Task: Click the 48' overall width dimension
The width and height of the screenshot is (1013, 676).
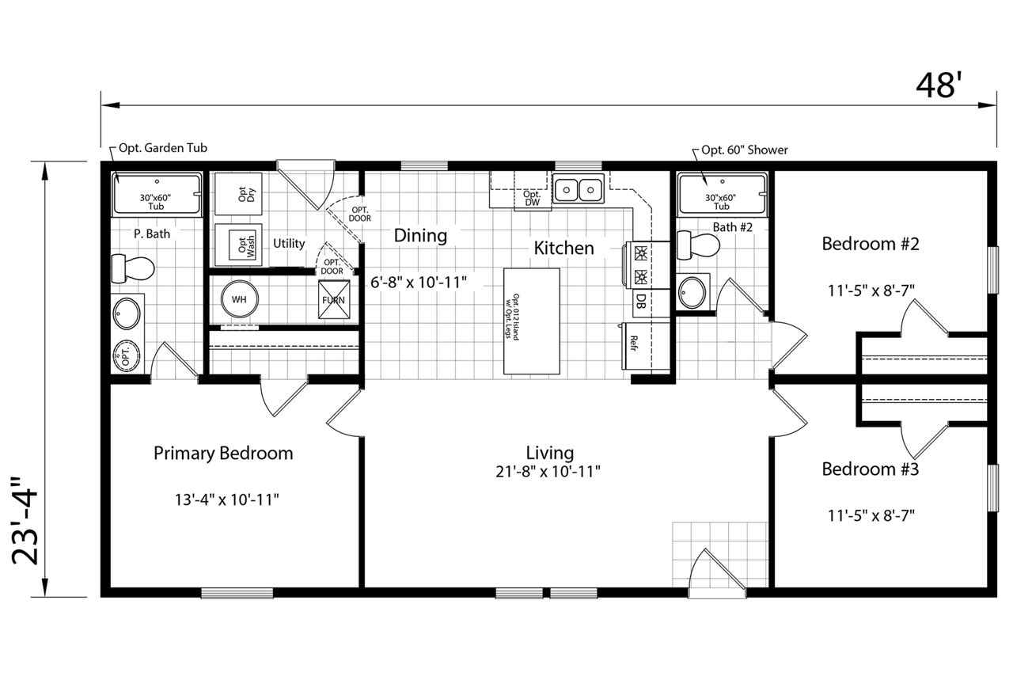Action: click(x=935, y=86)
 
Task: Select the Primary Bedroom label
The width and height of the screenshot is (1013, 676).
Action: click(x=223, y=453)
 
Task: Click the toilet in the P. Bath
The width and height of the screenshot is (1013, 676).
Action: click(x=132, y=268)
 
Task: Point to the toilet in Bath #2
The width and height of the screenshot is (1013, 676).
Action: click(x=698, y=245)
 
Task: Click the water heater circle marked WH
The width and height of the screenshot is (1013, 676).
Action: click(x=239, y=299)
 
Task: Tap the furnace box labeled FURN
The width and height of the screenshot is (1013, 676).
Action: click(x=334, y=299)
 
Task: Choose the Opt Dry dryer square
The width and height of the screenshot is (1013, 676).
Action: click(x=238, y=194)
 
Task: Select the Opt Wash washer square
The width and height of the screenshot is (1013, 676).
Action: click(x=238, y=245)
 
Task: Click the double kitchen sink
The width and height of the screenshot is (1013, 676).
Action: click(x=579, y=188)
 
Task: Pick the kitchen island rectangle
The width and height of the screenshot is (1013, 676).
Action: click(x=532, y=321)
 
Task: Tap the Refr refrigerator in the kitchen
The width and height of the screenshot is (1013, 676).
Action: click(x=645, y=346)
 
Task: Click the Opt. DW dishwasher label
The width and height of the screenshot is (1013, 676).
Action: click(x=532, y=198)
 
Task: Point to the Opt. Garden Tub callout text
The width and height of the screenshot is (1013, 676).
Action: click(x=163, y=148)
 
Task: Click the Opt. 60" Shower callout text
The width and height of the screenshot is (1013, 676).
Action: click(x=745, y=150)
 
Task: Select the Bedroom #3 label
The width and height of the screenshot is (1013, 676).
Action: click(x=870, y=469)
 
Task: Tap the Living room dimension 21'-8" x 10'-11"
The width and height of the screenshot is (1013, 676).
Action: click(x=548, y=472)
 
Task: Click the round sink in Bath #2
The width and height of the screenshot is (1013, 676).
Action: click(x=692, y=292)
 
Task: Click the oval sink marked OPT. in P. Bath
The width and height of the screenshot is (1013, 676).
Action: click(x=126, y=356)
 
